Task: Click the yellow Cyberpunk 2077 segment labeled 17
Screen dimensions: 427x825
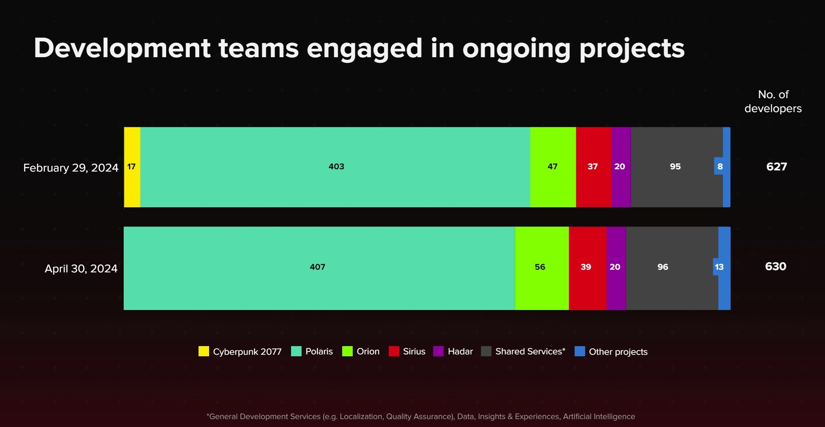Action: tap(132, 167)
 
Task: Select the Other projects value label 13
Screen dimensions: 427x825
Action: tap(719, 267)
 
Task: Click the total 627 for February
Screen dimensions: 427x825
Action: tap(776, 167)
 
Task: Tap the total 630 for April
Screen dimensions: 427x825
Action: tap(775, 267)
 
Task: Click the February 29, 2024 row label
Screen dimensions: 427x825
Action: tap(71, 168)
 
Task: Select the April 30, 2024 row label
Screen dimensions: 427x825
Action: tap(81, 269)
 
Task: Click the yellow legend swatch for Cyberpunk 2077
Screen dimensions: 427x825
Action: tap(203, 351)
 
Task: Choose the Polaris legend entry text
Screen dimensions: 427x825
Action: tap(319, 351)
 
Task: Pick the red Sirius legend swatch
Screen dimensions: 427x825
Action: tap(394, 351)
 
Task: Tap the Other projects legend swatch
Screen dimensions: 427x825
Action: tap(579, 351)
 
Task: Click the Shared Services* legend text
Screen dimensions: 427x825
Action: tap(530, 351)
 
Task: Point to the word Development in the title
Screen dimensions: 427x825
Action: tap(122, 49)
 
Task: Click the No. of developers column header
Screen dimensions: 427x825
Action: tap(773, 102)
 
